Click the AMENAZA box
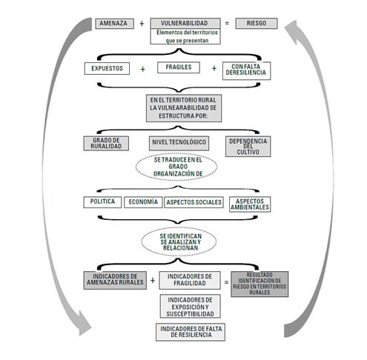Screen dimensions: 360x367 point(114,24)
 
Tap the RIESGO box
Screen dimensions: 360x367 point(256,24)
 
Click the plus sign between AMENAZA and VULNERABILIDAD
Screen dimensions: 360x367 point(142,24)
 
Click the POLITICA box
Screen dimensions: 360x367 point(101,201)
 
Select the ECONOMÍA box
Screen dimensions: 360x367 point(142,201)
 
